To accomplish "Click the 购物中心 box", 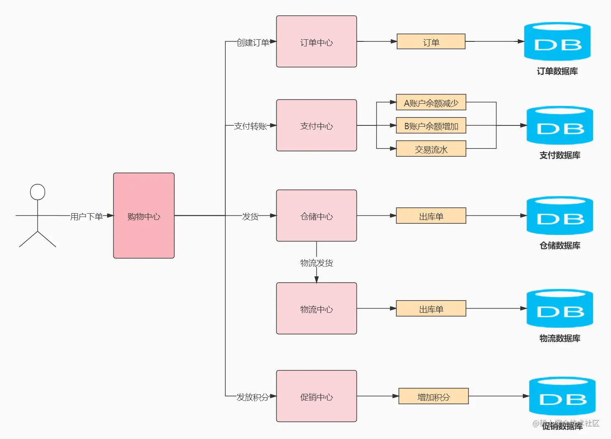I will click(x=144, y=216).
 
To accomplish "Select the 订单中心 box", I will click(x=316, y=42).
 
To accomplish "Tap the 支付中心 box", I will click(x=316, y=125).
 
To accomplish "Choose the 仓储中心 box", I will click(x=316, y=216).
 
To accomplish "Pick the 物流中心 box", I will click(x=316, y=309).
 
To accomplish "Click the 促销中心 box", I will click(x=316, y=396).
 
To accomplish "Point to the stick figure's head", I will click(x=38, y=192).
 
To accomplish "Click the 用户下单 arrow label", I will click(x=87, y=217).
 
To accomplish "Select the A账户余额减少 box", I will click(x=431, y=102).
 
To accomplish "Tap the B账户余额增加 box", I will click(x=431, y=125).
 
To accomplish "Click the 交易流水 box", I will click(x=431, y=149).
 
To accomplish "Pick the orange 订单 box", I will click(x=431, y=42).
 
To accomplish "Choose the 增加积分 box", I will click(x=433, y=396).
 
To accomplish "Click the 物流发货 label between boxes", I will click(x=316, y=263).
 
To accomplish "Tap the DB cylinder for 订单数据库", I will click(x=557, y=42).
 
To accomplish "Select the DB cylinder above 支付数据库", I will click(x=560, y=125).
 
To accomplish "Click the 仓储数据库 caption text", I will click(x=560, y=246).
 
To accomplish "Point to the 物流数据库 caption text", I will click(x=560, y=339).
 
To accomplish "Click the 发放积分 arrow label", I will click(x=252, y=397).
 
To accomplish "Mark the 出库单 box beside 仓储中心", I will click(x=431, y=216).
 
